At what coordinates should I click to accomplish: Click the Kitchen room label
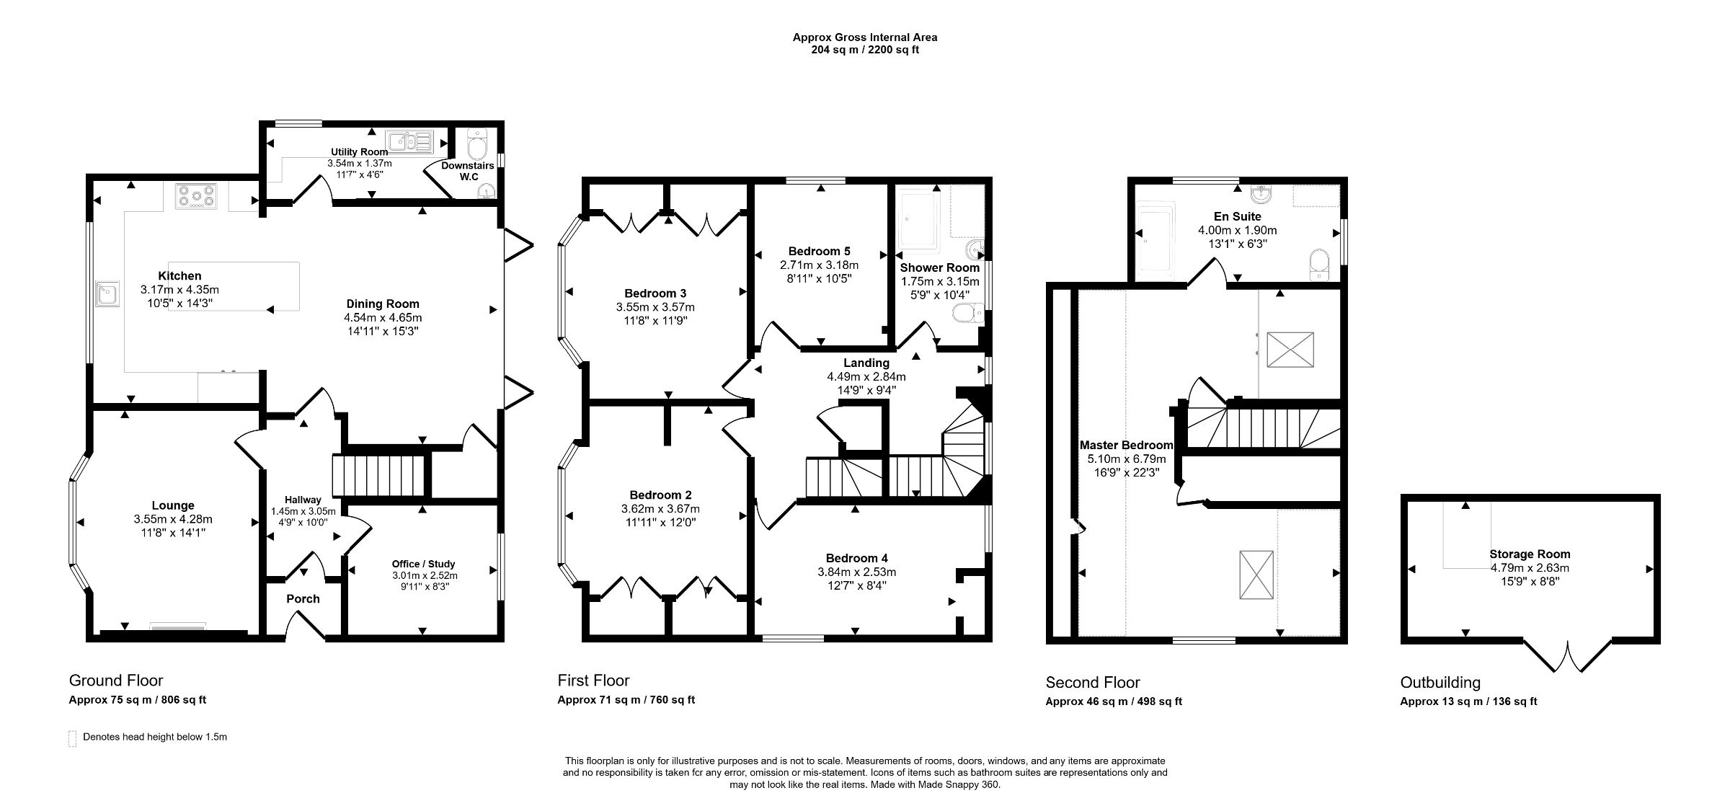pyautogui.click(x=179, y=275)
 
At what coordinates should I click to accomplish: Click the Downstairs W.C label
pyautogui.click(x=468, y=171)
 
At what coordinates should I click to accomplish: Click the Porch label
pyautogui.click(x=303, y=598)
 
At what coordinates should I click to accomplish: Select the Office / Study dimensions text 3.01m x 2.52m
pyautogui.click(x=425, y=575)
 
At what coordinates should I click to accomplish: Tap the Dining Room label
pyautogui.click(x=382, y=304)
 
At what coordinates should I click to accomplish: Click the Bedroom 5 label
pyautogui.click(x=819, y=251)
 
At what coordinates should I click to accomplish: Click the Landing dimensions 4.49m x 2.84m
pyautogui.click(x=866, y=376)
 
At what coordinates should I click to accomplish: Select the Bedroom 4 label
pyautogui.click(x=856, y=558)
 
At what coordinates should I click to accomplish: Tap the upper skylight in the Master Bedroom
pyautogui.click(x=1290, y=350)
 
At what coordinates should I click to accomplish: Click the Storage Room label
pyautogui.click(x=1530, y=554)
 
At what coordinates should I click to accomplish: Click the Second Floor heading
pyautogui.click(x=1093, y=682)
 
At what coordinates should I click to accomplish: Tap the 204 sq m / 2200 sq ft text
pyautogui.click(x=865, y=50)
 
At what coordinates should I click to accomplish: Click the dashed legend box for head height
pyautogui.click(x=72, y=738)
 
